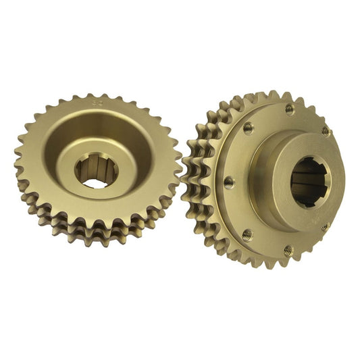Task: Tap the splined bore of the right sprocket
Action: (x=311, y=182)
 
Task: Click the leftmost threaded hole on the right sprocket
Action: (x=228, y=181)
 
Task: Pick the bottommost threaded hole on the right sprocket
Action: (x=288, y=250)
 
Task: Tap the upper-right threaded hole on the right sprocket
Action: (x=325, y=130)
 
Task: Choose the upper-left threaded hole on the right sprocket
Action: (x=248, y=126)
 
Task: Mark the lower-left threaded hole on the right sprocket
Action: (x=247, y=234)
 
